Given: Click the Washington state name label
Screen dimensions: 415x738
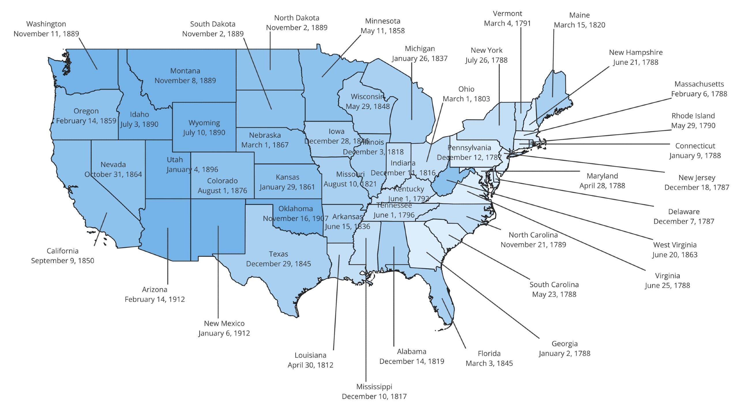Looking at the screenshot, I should (x=46, y=24).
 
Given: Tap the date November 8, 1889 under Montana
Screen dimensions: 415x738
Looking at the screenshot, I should (x=185, y=80).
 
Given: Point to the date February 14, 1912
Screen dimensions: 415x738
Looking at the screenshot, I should (x=155, y=299).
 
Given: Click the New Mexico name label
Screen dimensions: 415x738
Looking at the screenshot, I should (x=224, y=323).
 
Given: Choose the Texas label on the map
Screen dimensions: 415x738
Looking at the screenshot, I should (x=278, y=254).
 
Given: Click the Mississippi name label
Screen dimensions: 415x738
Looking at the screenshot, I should (x=374, y=386).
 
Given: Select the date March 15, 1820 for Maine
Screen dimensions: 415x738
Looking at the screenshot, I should (x=579, y=25).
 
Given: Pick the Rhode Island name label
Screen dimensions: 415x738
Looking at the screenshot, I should (x=693, y=116).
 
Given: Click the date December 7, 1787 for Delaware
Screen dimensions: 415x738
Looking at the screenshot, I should (x=684, y=221).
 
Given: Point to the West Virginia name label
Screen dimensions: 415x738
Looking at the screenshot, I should (x=675, y=245).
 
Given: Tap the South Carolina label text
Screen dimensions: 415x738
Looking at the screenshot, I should (x=554, y=284).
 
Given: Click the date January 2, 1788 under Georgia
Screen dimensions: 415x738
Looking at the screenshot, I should (x=564, y=353).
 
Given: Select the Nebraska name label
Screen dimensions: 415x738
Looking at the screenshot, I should (x=265, y=135).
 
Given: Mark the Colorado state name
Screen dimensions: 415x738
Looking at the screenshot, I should (x=222, y=181).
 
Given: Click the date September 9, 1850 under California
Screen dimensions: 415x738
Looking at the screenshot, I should (x=63, y=261).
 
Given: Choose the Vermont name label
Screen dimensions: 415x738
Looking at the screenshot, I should (x=507, y=14).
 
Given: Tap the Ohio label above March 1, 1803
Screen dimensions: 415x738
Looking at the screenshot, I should (x=466, y=89).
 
